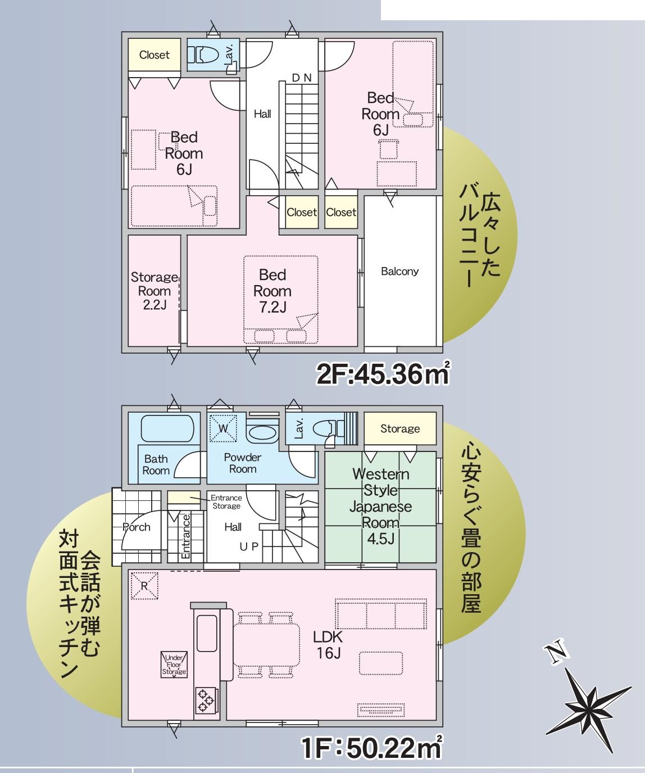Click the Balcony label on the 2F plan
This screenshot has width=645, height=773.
tap(399, 272)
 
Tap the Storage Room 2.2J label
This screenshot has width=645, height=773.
tap(155, 291)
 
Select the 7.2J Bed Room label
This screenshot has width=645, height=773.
tap(272, 291)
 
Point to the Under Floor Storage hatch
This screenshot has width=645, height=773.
tap(174, 664)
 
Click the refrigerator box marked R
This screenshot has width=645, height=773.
tap(145, 586)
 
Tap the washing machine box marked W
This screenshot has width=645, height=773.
tap(223, 428)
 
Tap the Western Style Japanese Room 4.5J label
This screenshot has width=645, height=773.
tap(380, 506)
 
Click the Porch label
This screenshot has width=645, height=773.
tap(136, 527)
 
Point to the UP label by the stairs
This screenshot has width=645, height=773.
tap(249, 546)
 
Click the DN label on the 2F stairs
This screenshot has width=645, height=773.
tap(302, 78)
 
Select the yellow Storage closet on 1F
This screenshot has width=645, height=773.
tap(400, 428)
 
